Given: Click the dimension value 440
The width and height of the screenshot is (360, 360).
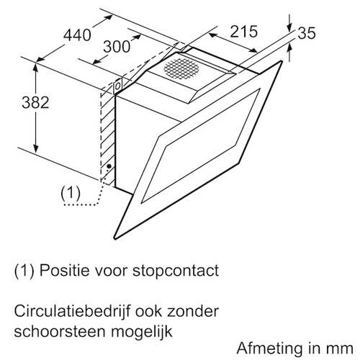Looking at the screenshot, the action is tap(77, 35).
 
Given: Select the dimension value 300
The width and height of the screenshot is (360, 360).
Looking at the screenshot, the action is tap(117, 47).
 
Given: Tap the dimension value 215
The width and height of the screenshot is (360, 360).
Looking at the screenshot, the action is tap(243, 31).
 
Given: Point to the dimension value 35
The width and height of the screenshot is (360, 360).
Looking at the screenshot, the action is tap(307, 33).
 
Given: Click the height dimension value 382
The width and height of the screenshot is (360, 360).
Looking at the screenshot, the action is tap(35, 102).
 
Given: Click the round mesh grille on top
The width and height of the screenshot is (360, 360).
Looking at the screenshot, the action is tap(181, 68).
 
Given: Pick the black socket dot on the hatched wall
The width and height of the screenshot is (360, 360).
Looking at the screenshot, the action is tap(109, 166).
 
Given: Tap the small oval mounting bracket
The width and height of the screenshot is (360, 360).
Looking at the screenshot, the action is tap(117, 86).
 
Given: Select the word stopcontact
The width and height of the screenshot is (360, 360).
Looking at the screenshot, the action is tap(176, 271).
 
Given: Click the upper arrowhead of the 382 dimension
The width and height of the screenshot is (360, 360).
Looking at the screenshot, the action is tap(36, 68).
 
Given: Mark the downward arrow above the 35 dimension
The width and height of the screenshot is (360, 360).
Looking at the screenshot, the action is tap(290, 23).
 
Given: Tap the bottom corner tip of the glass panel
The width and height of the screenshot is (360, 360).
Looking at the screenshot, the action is tap(116, 239).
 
